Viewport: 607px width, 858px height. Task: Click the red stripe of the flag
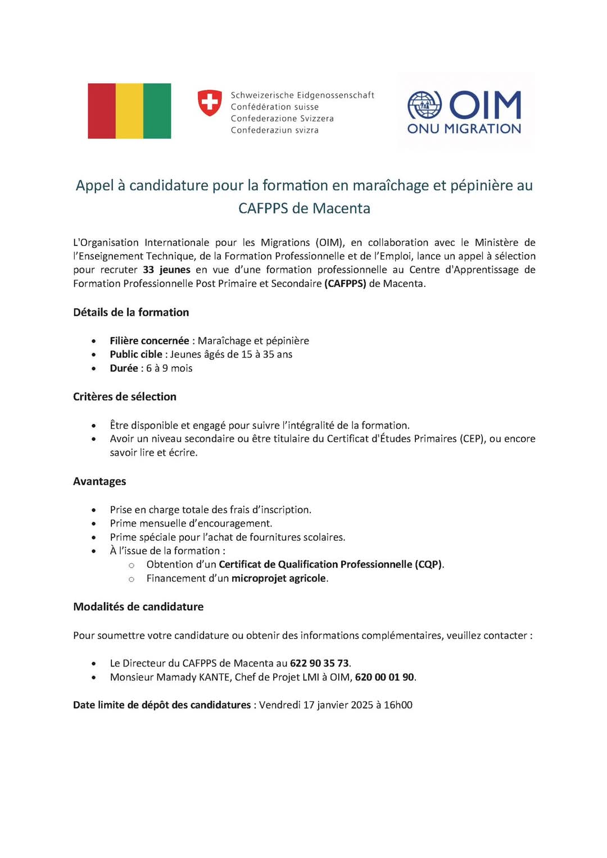(102, 111)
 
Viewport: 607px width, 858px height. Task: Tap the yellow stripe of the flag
(129, 111)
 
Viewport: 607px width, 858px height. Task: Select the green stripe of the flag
(157, 111)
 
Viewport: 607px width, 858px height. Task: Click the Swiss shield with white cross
(210, 103)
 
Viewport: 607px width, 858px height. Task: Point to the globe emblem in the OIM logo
(424, 105)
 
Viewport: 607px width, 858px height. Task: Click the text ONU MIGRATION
(464, 129)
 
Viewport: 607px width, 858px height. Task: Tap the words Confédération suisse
(274, 107)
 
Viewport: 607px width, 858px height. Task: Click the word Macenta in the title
(341, 208)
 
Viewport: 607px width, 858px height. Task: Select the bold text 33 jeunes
(166, 270)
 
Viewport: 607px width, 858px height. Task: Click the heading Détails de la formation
(131, 312)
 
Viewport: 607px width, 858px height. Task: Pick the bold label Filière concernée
(150, 341)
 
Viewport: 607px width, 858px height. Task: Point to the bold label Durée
(124, 368)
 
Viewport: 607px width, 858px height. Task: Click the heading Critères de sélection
(125, 396)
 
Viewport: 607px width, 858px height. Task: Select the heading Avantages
(99, 481)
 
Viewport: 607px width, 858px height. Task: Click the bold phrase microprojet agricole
(279, 578)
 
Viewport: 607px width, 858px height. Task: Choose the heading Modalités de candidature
(138, 606)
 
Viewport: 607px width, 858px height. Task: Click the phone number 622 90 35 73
(319, 663)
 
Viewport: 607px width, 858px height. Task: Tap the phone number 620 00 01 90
(384, 677)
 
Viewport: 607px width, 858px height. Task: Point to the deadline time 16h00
(398, 705)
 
